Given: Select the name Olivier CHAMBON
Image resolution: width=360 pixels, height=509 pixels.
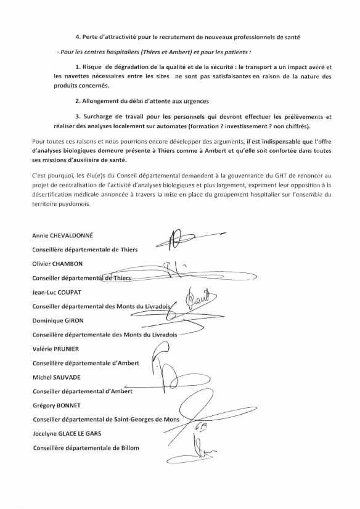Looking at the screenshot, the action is pyautogui.click(x=57, y=264).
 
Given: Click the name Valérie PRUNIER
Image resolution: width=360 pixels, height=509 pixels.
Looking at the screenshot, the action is pyautogui.click(x=55, y=349).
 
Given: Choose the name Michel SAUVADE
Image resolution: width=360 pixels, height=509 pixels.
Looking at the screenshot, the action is pyautogui.click(x=56, y=377).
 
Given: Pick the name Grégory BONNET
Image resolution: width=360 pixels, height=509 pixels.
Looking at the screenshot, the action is pyautogui.click(x=57, y=405).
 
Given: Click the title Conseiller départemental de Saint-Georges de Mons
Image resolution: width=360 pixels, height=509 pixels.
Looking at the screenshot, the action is pyautogui.click(x=105, y=420).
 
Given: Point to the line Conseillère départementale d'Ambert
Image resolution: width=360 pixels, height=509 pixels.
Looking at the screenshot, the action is pyautogui.click(x=86, y=363).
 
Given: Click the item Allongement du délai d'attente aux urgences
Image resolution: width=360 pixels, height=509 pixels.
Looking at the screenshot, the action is pyautogui.click(x=142, y=101).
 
